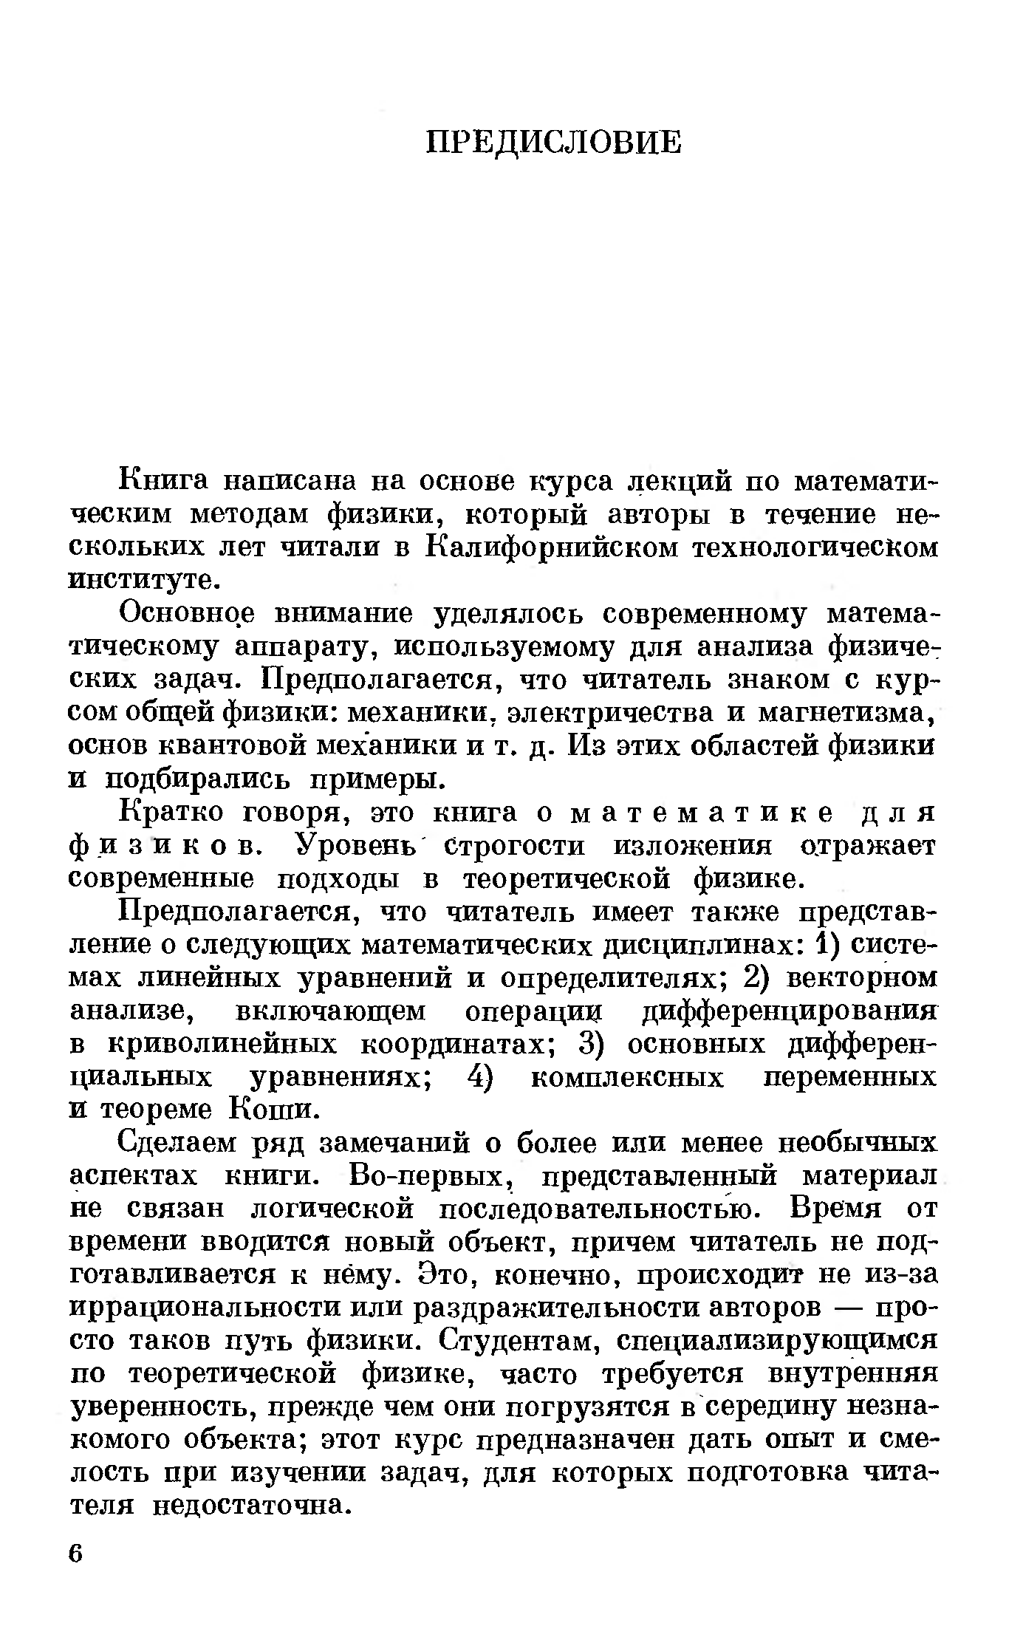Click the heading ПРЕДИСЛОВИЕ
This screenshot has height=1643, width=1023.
point(555,142)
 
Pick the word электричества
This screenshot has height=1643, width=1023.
point(603,712)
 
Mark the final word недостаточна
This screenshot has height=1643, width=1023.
point(250,1505)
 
